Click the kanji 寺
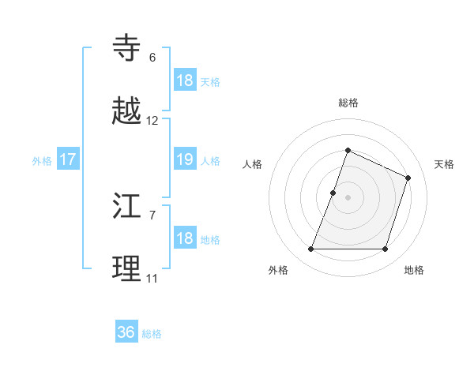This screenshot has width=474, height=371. point(128,48)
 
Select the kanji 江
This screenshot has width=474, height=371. point(128,207)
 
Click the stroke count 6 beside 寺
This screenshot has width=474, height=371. point(152,57)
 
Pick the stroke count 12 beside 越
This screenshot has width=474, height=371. point(152,121)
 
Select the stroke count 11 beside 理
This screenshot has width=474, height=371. point(152,279)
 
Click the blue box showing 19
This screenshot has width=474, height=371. point(184,159)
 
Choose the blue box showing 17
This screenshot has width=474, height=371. point(68,159)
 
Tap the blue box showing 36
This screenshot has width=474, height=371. point(126,332)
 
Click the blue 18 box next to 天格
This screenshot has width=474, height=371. point(184,80)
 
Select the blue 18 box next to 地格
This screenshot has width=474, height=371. point(184,238)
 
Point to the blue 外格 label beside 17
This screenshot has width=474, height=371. point(42,161)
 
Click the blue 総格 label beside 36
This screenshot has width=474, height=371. point(152,334)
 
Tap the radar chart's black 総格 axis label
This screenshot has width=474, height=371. point(348,103)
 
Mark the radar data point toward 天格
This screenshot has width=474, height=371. point(408,178)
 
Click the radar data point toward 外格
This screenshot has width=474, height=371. point(311,249)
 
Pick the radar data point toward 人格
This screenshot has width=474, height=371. point(333,193)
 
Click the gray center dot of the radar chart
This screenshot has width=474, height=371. point(348,197)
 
